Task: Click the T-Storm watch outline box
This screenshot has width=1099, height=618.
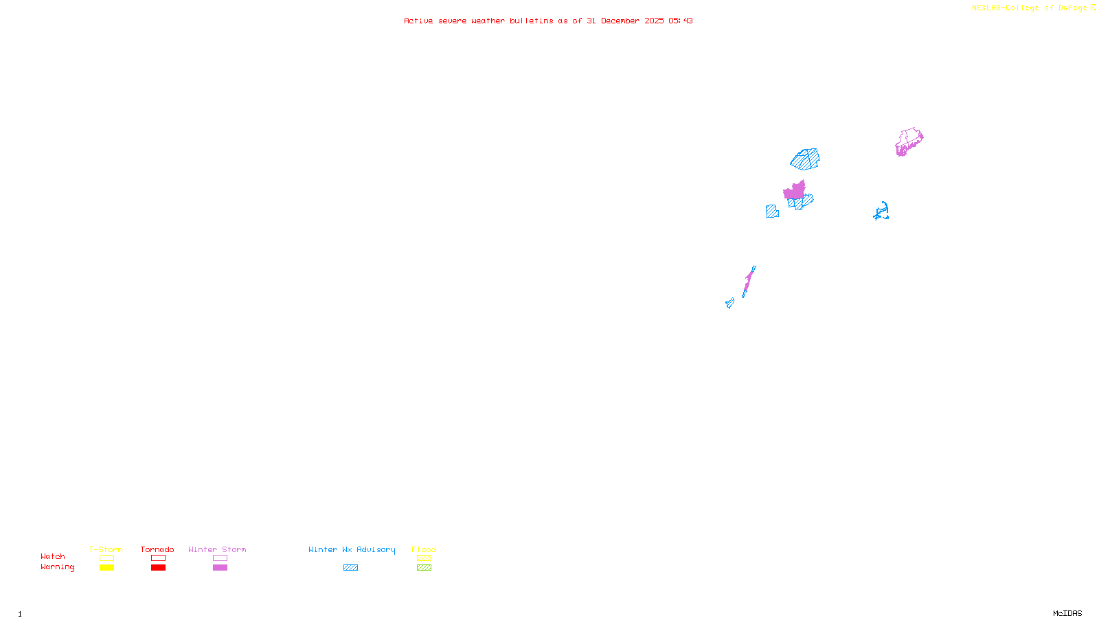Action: tap(106, 558)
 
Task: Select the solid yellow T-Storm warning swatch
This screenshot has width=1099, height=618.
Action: tap(106, 568)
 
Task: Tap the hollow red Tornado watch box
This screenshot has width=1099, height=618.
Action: tap(158, 558)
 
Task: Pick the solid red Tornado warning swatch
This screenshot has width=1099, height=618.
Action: tap(158, 568)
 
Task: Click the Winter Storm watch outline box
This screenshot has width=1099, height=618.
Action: tap(220, 558)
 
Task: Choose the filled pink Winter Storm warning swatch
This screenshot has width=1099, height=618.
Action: tap(220, 568)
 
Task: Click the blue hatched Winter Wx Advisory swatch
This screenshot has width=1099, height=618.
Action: tap(350, 568)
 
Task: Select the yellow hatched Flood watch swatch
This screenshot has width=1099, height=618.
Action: tap(424, 558)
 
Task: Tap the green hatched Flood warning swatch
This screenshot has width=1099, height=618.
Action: tap(424, 568)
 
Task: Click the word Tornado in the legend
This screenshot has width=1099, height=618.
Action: tap(157, 549)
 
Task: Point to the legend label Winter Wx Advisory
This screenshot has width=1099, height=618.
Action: tap(352, 549)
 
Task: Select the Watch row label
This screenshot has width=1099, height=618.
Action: tap(53, 556)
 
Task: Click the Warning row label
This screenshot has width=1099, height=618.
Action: tap(57, 567)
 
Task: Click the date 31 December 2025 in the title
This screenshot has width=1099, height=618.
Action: tap(625, 21)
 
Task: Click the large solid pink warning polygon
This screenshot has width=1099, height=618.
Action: tap(795, 191)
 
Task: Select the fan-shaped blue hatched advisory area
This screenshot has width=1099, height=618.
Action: tap(806, 159)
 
